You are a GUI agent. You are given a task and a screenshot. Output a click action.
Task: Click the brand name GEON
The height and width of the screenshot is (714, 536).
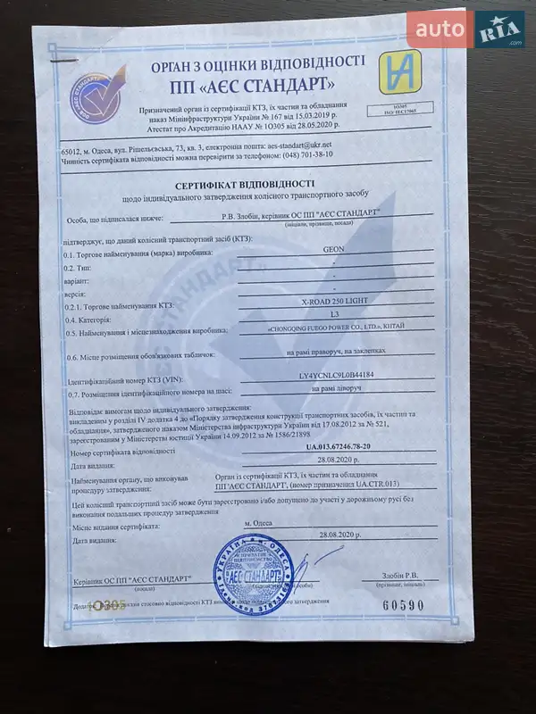332,252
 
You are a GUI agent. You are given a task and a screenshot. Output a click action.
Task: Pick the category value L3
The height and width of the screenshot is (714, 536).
334,316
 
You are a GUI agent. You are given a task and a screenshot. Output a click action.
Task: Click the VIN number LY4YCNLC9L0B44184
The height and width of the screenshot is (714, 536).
335,378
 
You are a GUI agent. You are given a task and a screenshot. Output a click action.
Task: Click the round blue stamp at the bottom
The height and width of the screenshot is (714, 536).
253,574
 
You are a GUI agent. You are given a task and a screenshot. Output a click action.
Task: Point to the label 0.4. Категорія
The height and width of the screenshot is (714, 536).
88,318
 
